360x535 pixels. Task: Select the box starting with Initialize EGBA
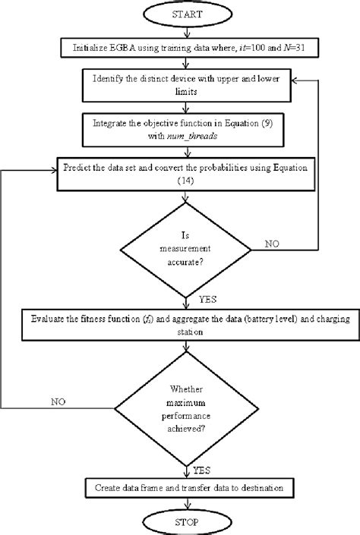pyautogui.click(x=181, y=47)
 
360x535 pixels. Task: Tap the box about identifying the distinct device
pyautogui.click(x=180, y=84)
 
